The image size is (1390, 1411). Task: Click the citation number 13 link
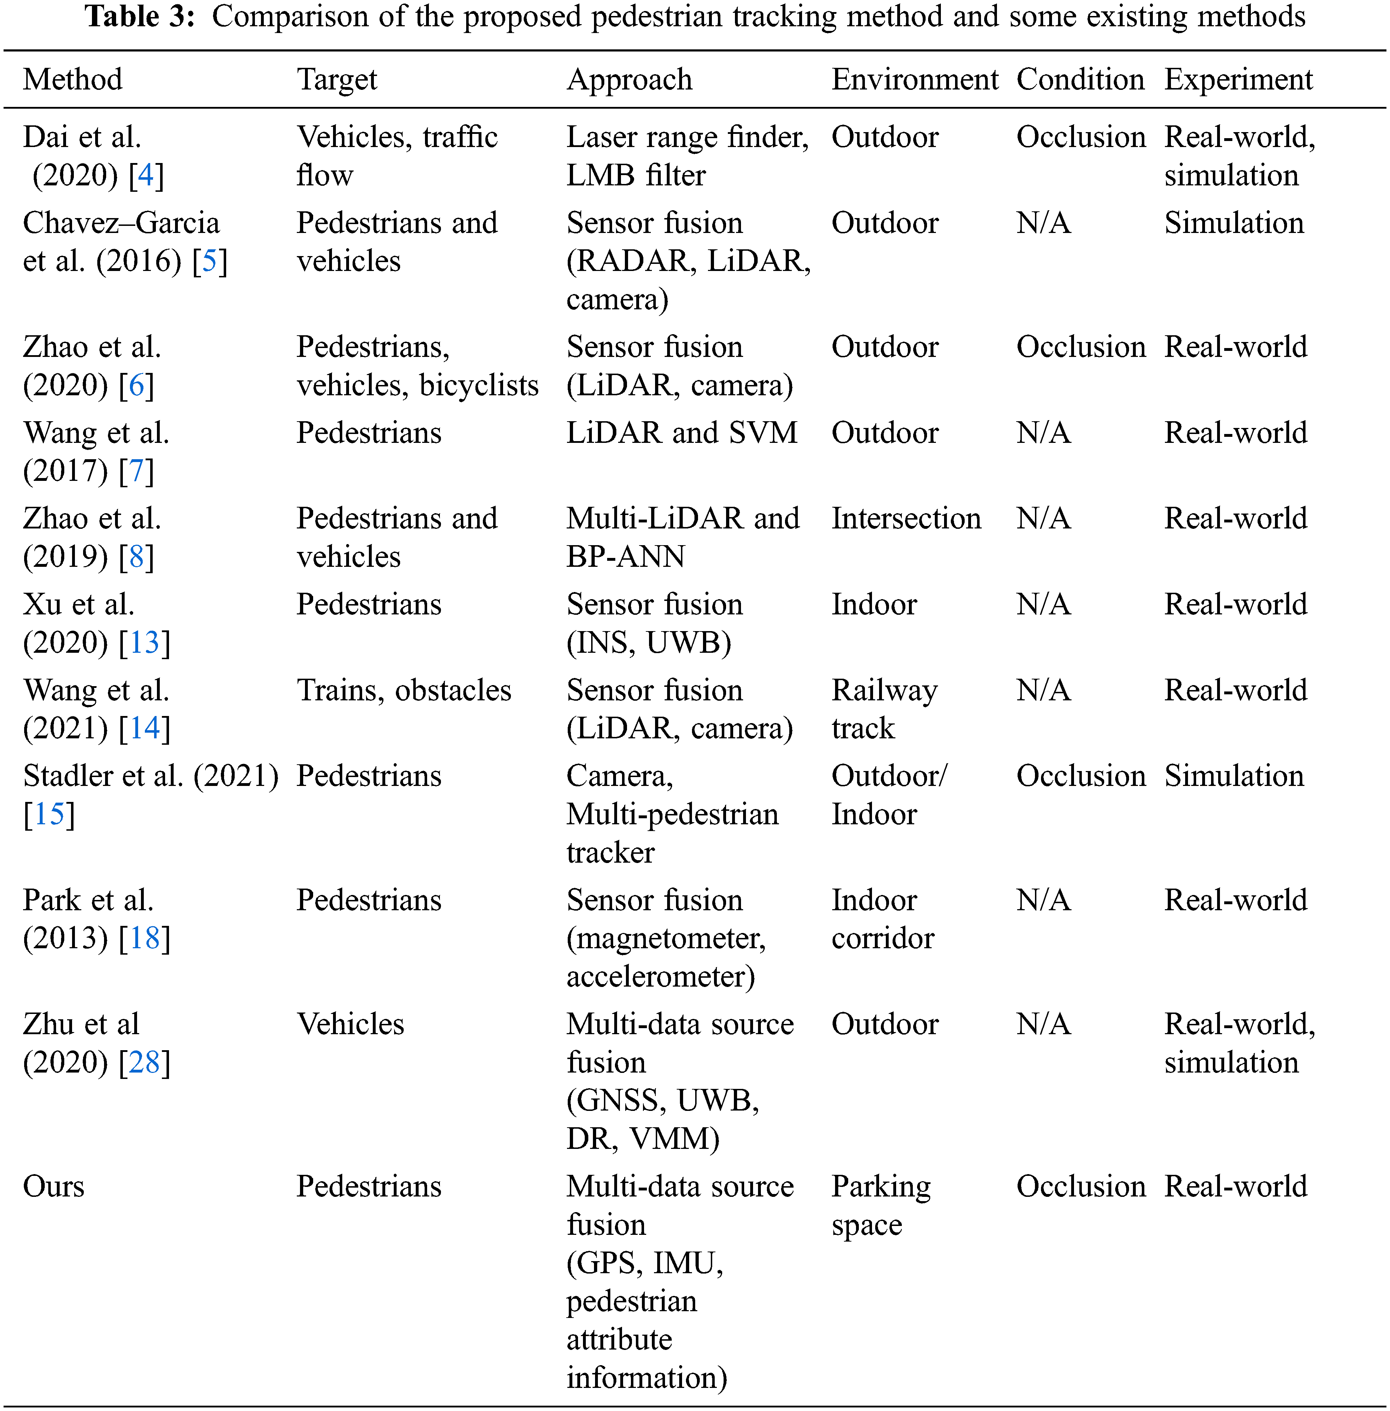pos(145,643)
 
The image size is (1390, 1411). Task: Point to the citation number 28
pos(145,1063)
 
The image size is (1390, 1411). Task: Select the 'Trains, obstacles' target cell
pos(404,690)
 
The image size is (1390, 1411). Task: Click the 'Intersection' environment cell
pos(906,519)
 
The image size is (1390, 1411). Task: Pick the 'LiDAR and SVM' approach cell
pos(682,433)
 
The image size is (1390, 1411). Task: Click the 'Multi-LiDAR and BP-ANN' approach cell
pos(683,538)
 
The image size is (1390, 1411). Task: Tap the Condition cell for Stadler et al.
pos(1080,776)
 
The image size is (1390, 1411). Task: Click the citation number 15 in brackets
pos(49,814)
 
